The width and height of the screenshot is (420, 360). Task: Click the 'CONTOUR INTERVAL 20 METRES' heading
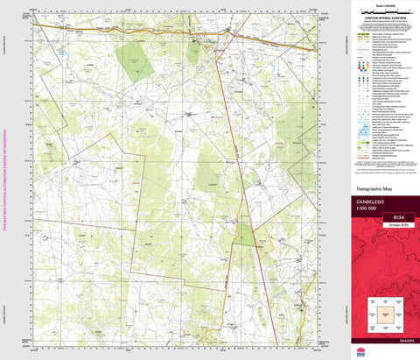pyautogui.click(x=383, y=17)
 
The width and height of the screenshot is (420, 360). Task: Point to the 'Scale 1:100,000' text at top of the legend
pyautogui.click(x=383, y=4)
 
